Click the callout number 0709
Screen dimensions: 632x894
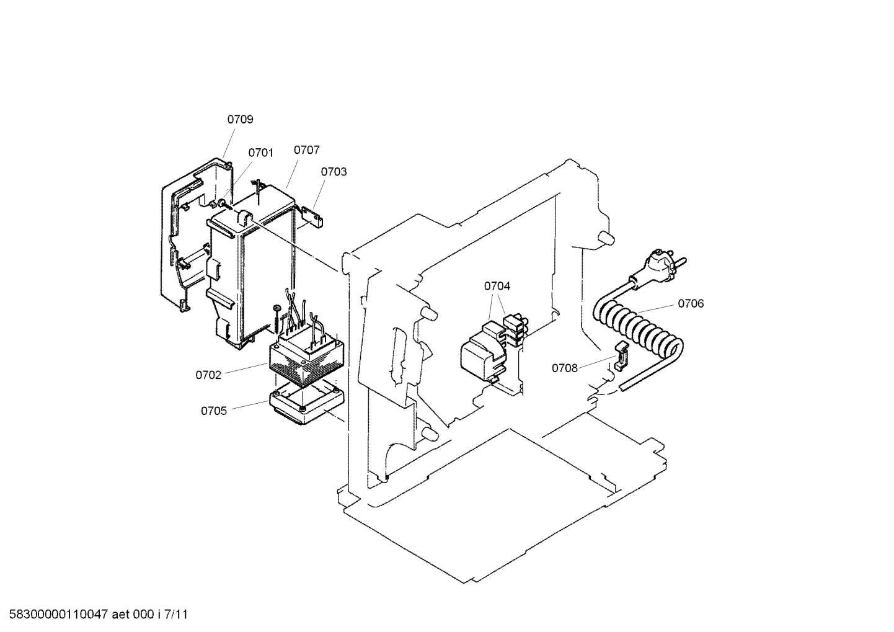[x=240, y=120]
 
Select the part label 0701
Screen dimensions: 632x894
[x=260, y=153]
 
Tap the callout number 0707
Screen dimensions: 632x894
[x=306, y=150]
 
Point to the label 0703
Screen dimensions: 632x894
[x=334, y=172]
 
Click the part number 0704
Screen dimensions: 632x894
[x=497, y=286]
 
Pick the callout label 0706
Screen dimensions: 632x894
[x=691, y=303]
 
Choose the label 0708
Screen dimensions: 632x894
[x=565, y=368]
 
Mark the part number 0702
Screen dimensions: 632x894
[x=208, y=375]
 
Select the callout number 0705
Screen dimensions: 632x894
[x=214, y=410]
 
